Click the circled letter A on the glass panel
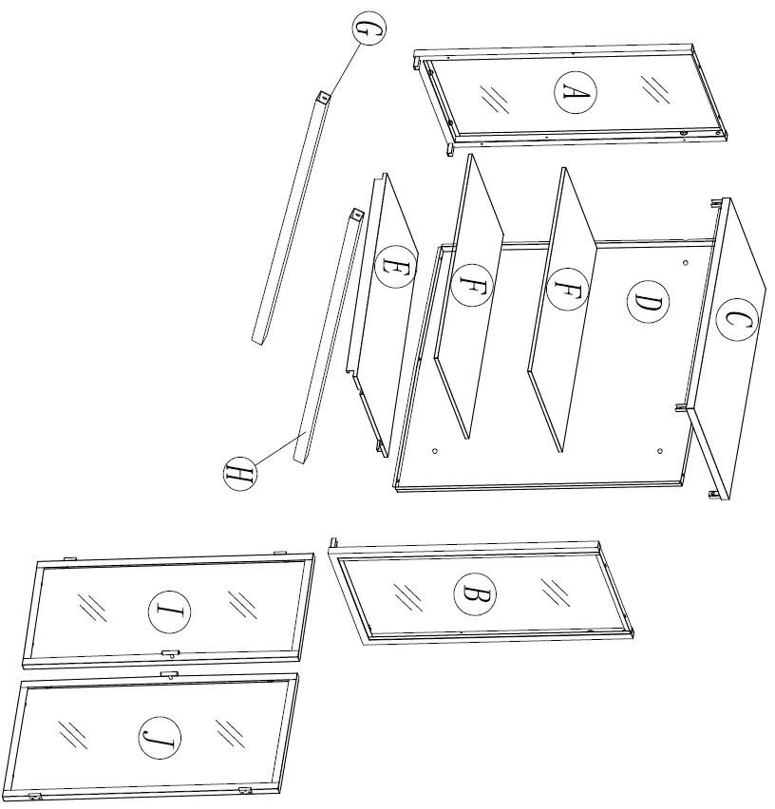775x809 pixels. point(576,91)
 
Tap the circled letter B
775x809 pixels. point(474,595)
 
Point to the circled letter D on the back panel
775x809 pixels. point(648,304)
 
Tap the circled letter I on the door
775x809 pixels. point(169,611)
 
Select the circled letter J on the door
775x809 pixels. point(160,738)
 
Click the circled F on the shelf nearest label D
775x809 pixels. point(567,289)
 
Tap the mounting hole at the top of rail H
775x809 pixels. point(356,216)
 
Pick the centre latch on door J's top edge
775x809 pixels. point(169,673)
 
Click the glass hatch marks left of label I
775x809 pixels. point(92,607)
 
